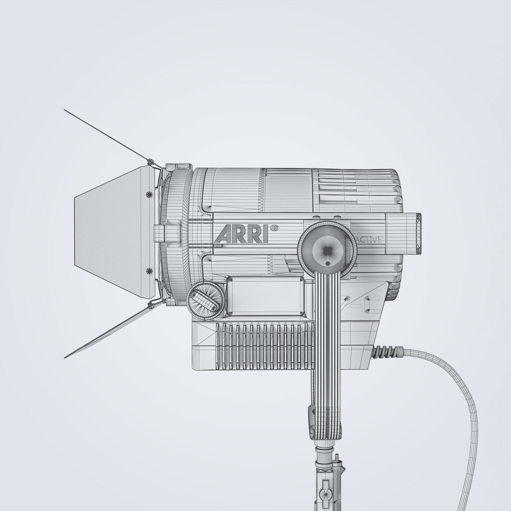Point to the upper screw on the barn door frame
click(149, 195)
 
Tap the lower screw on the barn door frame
click(149, 271)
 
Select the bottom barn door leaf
click(111, 330)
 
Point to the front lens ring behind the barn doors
click(175, 234)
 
